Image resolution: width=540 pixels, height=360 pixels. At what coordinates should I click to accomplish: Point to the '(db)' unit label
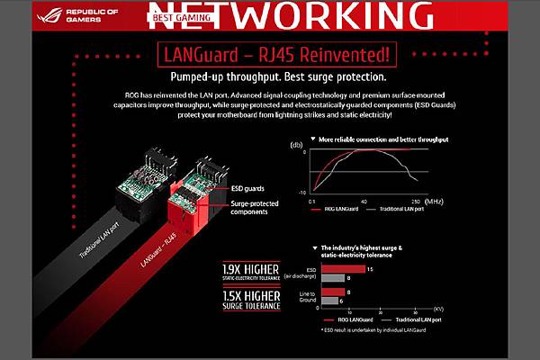(x=297, y=144)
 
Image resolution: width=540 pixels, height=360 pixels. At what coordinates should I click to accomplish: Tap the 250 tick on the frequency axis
(x=417, y=202)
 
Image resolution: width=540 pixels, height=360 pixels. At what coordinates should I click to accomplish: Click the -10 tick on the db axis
(x=303, y=192)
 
